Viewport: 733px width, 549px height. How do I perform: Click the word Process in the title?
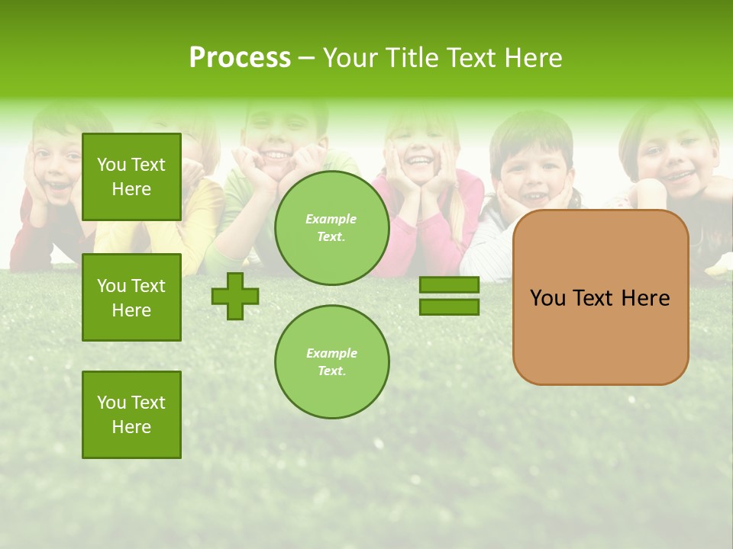point(240,58)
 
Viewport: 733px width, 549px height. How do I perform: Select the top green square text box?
point(131,177)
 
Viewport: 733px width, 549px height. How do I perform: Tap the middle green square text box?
point(131,297)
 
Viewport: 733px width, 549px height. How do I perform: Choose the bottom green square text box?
point(131,415)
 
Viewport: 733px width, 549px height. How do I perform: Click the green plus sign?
point(235,296)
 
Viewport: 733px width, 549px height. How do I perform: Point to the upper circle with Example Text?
point(331,228)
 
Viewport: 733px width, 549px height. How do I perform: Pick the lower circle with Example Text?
point(331,362)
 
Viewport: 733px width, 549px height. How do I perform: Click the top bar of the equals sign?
point(449,285)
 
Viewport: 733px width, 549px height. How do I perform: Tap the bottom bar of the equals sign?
point(449,307)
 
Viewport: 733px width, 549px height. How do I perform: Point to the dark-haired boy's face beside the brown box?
point(531,172)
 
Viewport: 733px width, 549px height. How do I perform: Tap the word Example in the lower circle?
point(331,353)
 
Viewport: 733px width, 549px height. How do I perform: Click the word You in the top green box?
point(111,165)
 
